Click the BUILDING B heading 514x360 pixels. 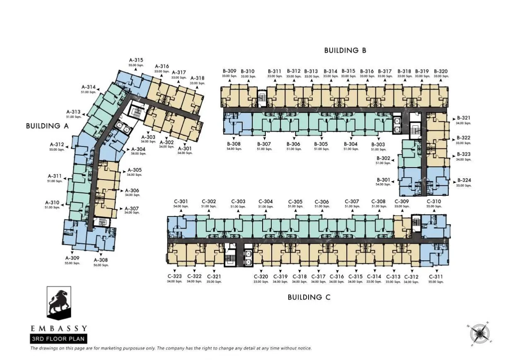pos(345,50)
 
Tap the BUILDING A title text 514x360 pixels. pos(47,126)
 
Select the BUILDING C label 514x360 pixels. pos(309,297)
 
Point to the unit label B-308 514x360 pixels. pos(234,144)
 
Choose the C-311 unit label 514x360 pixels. pos(436,277)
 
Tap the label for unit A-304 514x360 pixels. pos(138,149)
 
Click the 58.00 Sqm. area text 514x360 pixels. pos(138,154)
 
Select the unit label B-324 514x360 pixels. pos(464,180)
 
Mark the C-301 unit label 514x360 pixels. pos(181,202)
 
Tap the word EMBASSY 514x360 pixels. pos(58,329)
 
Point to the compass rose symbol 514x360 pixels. pos(480,334)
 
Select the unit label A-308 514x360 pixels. pos(101,260)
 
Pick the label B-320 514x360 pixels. pos(441,71)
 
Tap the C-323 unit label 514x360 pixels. pos(175,277)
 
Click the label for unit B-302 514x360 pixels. pos(383,158)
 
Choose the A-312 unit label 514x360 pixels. pos(56,144)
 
